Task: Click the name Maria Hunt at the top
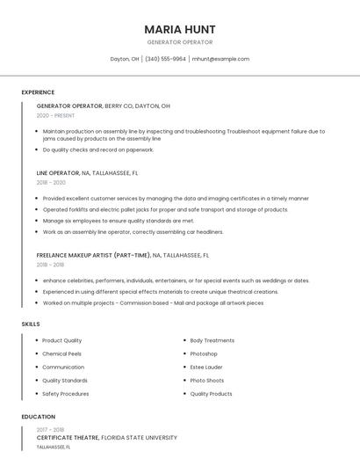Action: click(179, 29)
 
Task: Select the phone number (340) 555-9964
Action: click(165, 59)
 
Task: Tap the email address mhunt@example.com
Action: click(220, 59)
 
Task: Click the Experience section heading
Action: click(38, 92)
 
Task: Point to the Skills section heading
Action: click(31, 324)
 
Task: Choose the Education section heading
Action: click(39, 417)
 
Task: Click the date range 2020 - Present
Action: click(55, 115)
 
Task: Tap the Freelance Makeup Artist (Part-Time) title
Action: click(93, 255)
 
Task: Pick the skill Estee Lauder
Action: click(206, 367)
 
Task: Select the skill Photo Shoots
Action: click(207, 381)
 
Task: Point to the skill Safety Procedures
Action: click(66, 394)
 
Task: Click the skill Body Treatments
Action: click(212, 340)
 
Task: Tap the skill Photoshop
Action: click(204, 353)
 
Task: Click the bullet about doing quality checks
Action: click(86, 149)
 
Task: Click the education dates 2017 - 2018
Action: click(50, 428)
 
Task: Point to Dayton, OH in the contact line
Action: click(124, 59)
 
